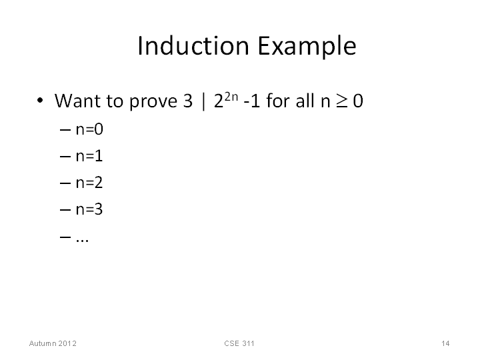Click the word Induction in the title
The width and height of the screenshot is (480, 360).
pyautogui.click(x=193, y=45)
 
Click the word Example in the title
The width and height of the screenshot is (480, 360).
pyautogui.click(x=307, y=46)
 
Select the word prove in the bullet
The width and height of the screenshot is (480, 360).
pyautogui.click(x=153, y=102)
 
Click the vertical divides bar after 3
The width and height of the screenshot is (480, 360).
pyautogui.click(x=203, y=101)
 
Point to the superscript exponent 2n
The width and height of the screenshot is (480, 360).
pyautogui.click(x=231, y=97)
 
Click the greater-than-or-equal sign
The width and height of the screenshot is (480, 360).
pyautogui.click(x=341, y=101)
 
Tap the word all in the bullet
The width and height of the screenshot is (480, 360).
pyautogui.click(x=306, y=101)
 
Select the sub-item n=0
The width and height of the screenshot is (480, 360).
pyautogui.click(x=89, y=129)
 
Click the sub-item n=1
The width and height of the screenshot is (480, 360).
pyautogui.click(x=89, y=156)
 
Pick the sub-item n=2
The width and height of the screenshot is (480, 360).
pyautogui.click(x=89, y=183)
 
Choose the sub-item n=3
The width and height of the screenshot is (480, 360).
pyautogui.click(x=89, y=209)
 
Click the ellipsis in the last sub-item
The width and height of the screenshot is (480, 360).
pyautogui.click(x=83, y=240)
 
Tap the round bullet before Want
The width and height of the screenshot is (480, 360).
pyautogui.click(x=40, y=100)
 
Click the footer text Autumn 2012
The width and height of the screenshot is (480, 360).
pyautogui.click(x=53, y=343)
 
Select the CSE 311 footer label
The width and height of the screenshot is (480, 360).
pyautogui.click(x=239, y=343)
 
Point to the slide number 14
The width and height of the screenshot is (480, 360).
pyautogui.click(x=445, y=343)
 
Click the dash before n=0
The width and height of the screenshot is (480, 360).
pyautogui.click(x=65, y=130)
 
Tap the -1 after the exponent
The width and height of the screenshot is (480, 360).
pyautogui.click(x=251, y=101)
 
